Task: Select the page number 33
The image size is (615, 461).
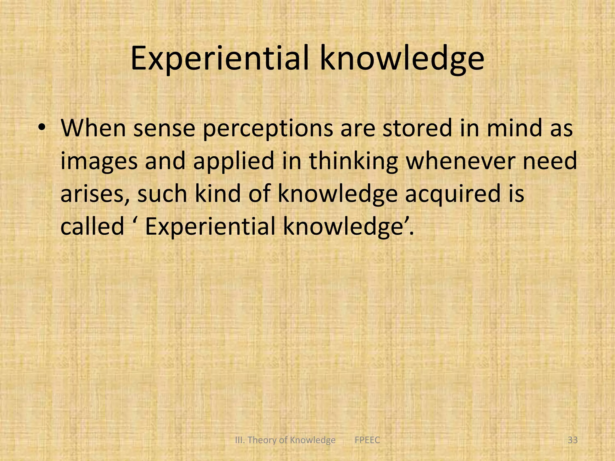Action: point(573,440)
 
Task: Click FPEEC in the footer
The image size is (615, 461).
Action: point(367,440)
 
